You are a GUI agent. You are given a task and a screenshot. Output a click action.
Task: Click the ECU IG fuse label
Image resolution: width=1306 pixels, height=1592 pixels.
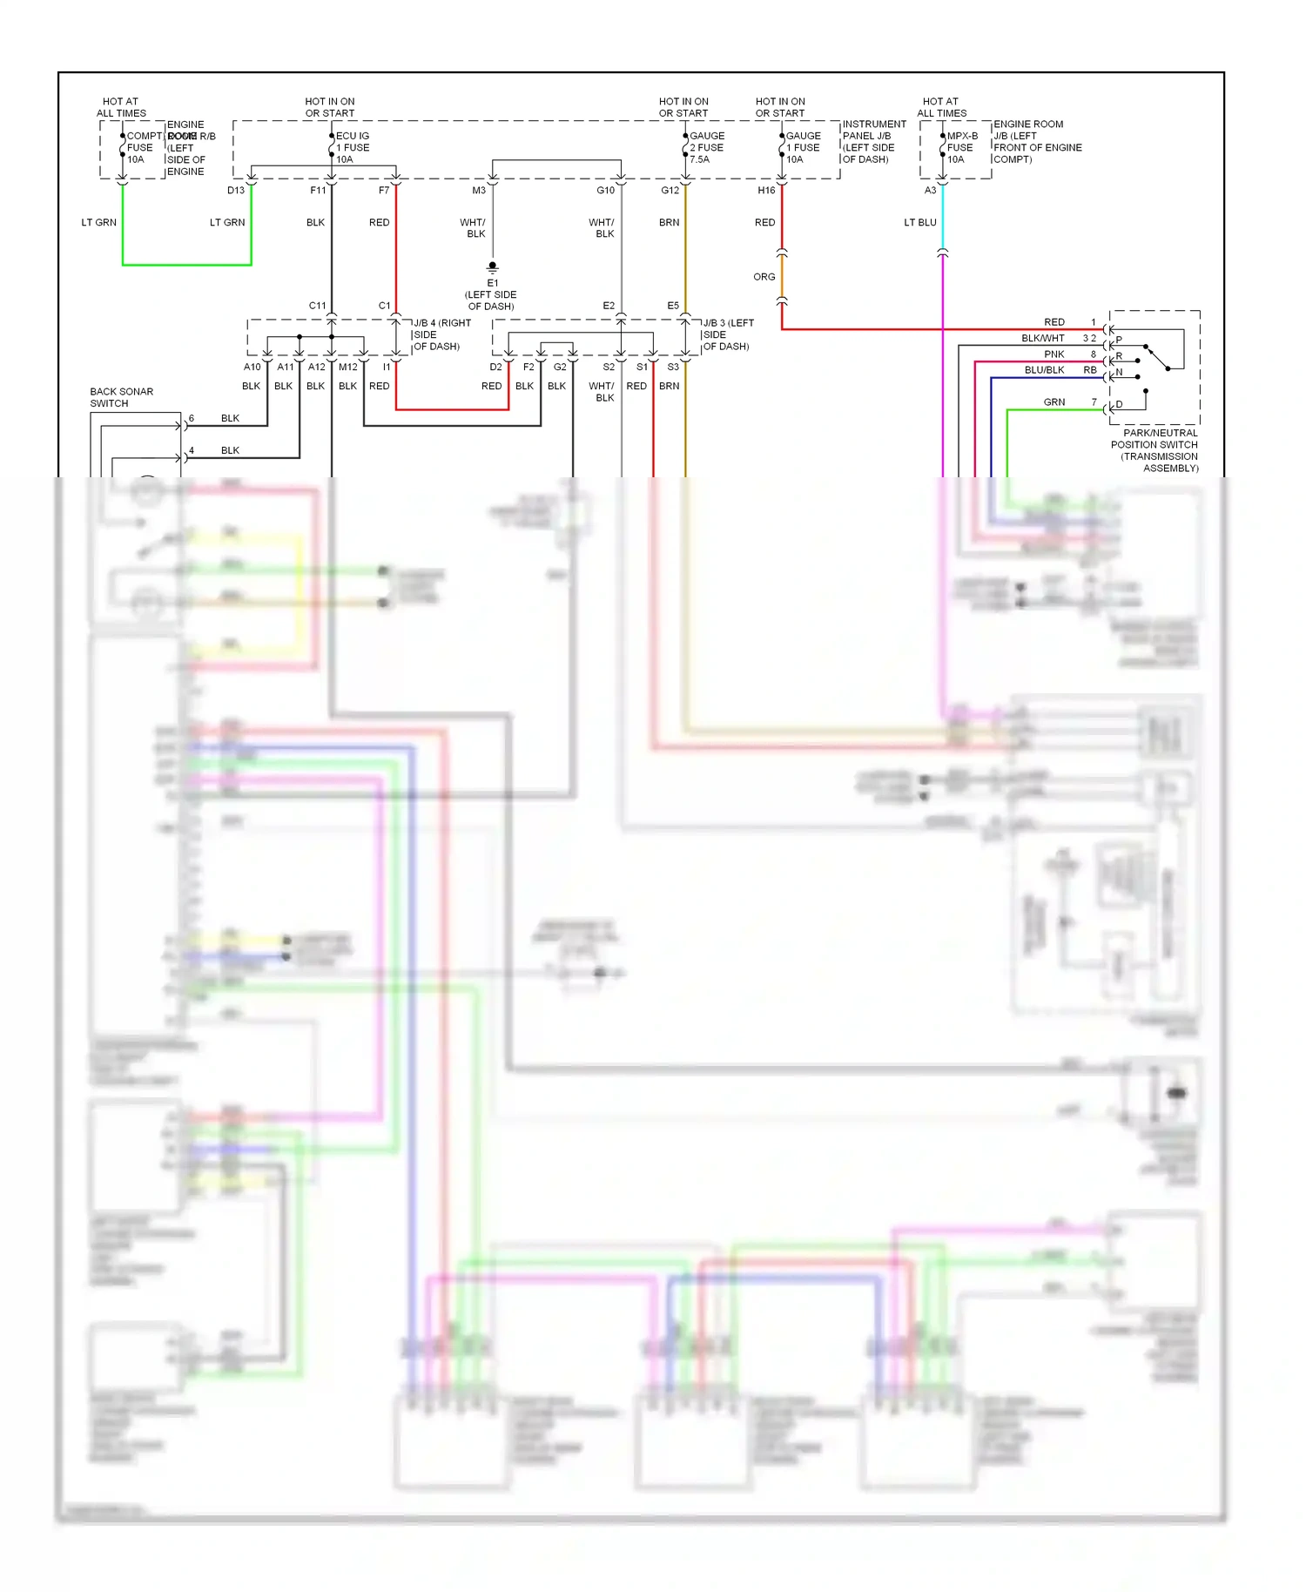(x=353, y=147)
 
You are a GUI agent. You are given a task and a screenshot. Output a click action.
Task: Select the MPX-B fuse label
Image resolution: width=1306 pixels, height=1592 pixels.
(x=962, y=147)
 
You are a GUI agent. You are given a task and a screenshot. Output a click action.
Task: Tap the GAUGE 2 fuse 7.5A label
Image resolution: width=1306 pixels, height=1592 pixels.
(x=707, y=147)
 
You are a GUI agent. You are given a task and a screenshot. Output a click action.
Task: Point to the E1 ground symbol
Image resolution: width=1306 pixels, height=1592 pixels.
(x=493, y=266)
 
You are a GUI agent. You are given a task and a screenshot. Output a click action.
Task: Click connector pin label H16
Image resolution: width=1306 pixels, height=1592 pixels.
(x=766, y=190)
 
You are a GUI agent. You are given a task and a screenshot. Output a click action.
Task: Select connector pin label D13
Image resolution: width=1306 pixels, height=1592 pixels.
(x=236, y=190)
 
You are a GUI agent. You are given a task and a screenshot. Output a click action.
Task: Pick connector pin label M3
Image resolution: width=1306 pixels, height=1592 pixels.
(x=479, y=190)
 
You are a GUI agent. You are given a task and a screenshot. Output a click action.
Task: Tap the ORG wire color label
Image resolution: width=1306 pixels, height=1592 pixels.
(x=764, y=277)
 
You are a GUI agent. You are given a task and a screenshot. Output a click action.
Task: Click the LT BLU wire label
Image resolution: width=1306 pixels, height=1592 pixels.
(x=920, y=222)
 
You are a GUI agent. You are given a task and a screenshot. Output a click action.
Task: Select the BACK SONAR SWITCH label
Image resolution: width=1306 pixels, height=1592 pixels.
(x=121, y=397)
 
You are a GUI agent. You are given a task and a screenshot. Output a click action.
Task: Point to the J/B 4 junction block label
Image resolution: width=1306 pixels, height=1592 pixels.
(x=441, y=334)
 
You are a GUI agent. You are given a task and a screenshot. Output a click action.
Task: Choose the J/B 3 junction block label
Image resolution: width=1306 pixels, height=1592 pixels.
(x=728, y=334)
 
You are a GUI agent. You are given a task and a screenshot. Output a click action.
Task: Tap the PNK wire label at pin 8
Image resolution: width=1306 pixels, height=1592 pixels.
(x=1054, y=354)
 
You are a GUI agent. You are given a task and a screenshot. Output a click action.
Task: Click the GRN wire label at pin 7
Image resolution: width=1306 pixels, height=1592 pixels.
(x=1054, y=402)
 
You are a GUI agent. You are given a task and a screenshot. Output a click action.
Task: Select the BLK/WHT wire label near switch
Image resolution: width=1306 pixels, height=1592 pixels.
(x=1043, y=338)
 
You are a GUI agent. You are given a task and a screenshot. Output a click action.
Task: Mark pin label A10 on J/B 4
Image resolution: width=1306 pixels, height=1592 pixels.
(x=252, y=367)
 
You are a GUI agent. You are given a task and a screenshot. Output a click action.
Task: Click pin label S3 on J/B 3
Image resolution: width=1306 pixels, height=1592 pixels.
(x=673, y=367)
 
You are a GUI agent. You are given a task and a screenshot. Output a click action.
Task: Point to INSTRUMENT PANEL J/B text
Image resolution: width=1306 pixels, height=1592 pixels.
(x=873, y=141)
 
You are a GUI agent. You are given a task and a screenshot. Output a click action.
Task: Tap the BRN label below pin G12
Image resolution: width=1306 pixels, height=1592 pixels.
(x=669, y=222)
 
